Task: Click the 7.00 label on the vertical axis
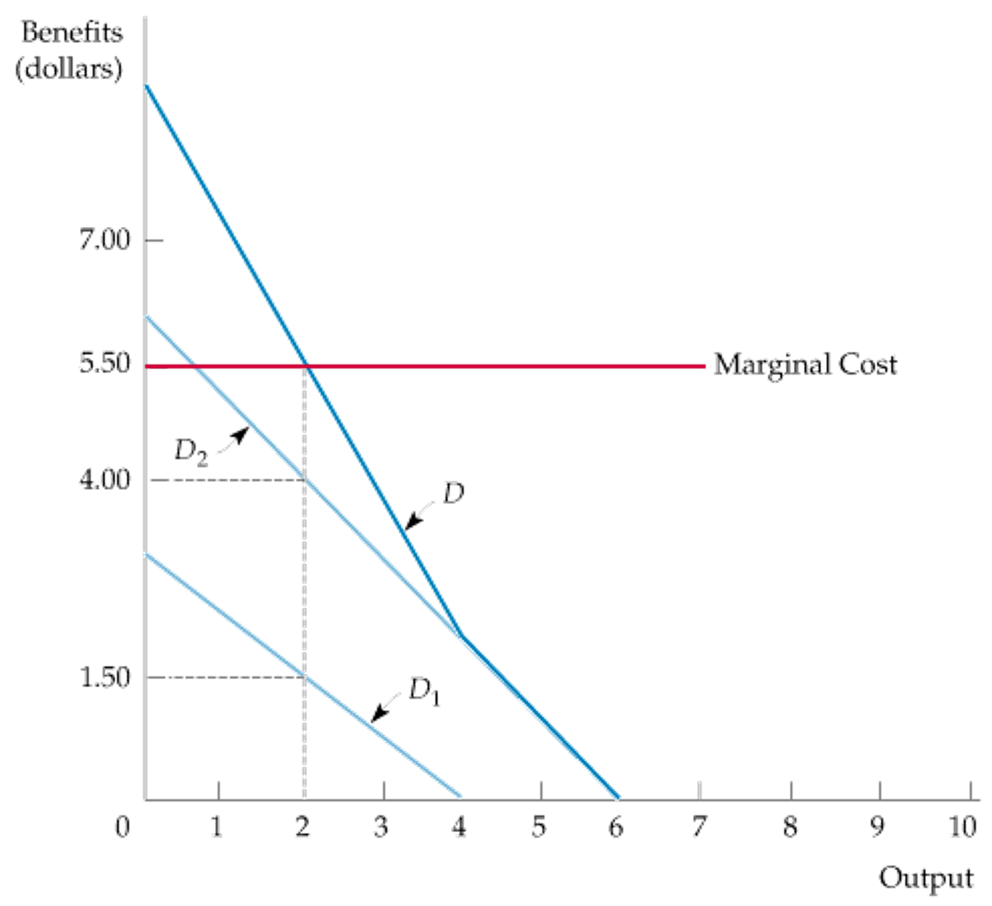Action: pos(105,241)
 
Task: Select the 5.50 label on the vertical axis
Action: pos(105,364)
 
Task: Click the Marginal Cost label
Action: pos(805,365)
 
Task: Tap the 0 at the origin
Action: pos(123,829)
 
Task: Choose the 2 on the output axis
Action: pos(303,829)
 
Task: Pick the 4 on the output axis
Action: pos(460,829)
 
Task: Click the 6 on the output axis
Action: pos(616,829)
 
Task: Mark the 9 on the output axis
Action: pos(878,829)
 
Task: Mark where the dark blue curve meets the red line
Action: pos(305,366)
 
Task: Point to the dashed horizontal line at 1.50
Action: pos(229,677)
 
